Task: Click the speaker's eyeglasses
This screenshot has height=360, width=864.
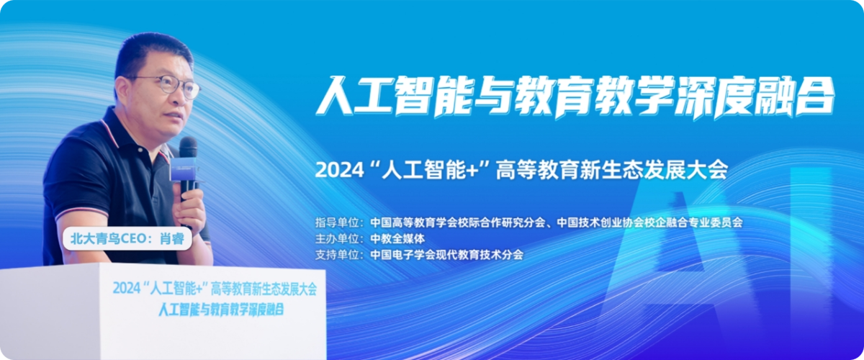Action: click(170, 86)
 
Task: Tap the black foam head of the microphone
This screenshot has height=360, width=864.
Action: click(188, 148)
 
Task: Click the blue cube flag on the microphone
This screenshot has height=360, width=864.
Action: click(185, 169)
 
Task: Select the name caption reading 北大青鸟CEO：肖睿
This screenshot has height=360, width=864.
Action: click(127, 239)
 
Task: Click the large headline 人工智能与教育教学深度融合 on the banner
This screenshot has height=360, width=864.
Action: click(575, 96)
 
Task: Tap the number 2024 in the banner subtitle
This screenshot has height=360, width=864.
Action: click(339, 170)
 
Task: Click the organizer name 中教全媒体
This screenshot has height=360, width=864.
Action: click(397, 239)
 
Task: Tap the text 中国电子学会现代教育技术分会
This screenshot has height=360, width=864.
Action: click(446, 255)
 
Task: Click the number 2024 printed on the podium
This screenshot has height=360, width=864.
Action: click(127, 289)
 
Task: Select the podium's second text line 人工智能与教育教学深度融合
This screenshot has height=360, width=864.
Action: click(222, 309)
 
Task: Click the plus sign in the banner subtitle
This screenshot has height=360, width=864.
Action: click(472, 171)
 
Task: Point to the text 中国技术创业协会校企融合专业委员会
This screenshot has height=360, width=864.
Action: click(650, 222)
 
